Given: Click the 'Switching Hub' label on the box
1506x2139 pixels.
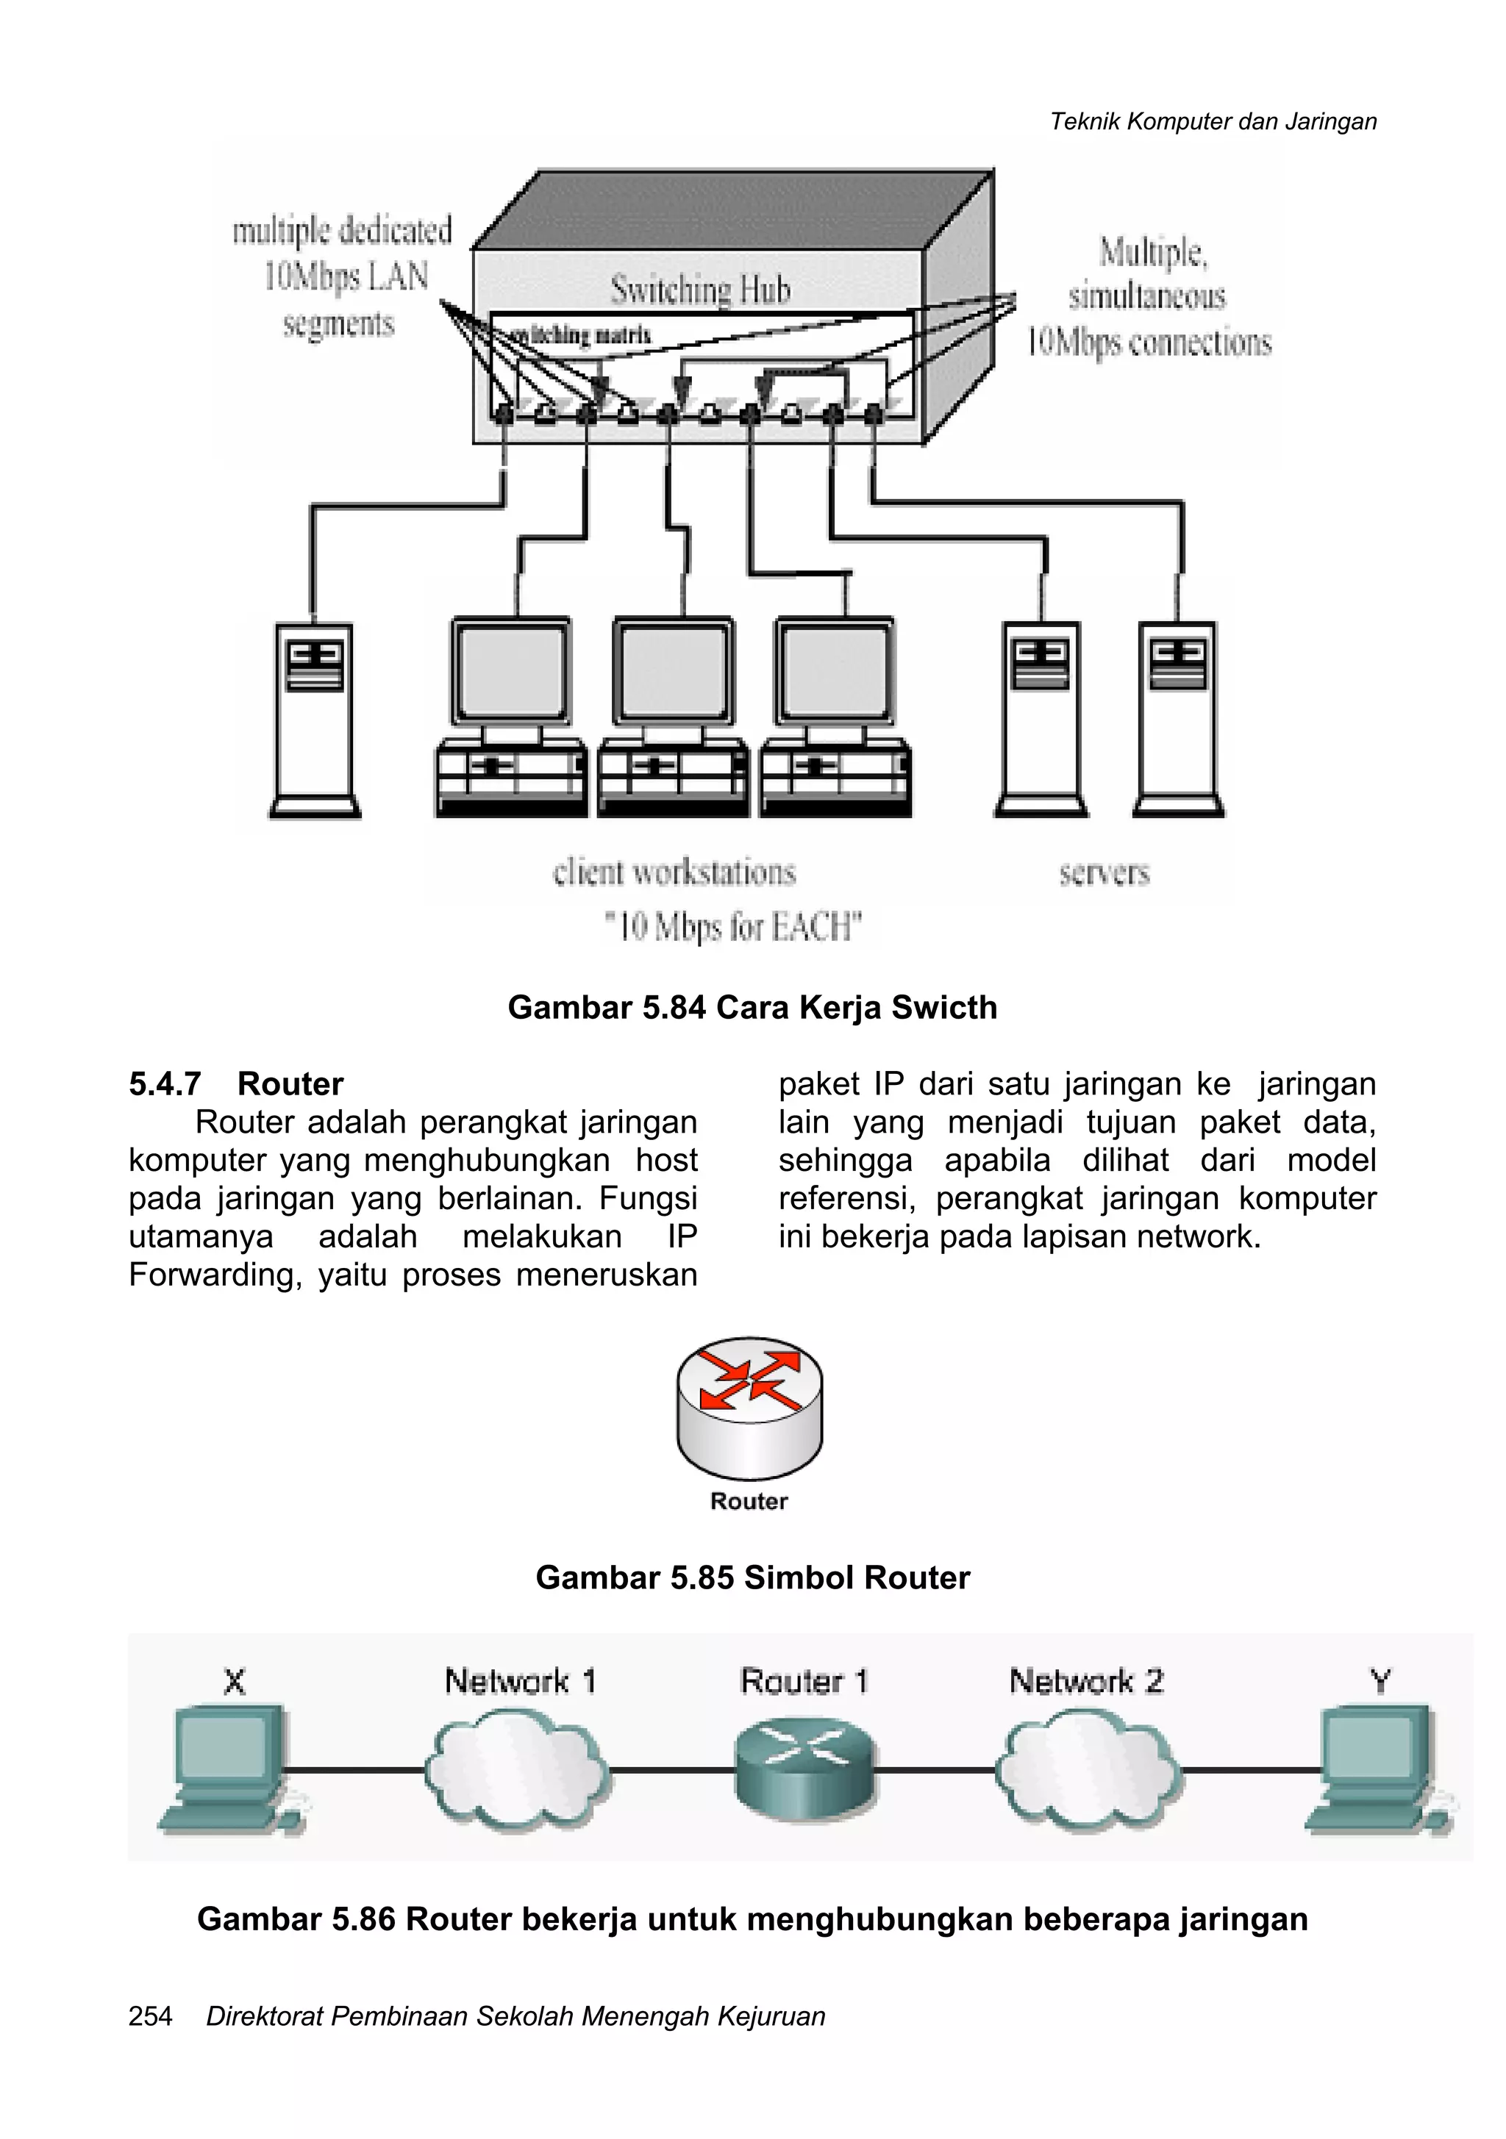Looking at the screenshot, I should pos(700,290).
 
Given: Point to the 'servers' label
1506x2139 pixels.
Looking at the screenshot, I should pos(1104,873).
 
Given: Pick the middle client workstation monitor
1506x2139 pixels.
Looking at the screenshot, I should pos(673,671).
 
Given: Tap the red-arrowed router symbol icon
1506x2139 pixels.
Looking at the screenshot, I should pos(749,1406).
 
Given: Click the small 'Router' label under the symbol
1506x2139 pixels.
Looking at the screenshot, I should pos(749,1501).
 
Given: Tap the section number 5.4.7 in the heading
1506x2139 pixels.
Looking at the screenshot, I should pos(165,1083).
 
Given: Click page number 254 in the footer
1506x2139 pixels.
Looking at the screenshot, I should pos(150,2016).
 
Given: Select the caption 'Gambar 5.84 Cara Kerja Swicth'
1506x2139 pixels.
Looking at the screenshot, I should pos(752,1007).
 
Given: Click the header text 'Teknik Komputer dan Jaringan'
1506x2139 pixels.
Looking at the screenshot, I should pos(1213,121).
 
